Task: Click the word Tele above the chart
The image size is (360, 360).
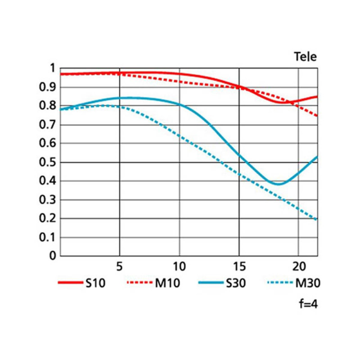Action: pos(306,57)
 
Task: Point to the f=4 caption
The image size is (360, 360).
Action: pos(308,304)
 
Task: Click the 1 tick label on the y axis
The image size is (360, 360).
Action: pos(52,68)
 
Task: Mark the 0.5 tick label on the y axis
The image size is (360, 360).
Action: pos(48,162)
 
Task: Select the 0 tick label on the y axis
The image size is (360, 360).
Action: pos(52,256)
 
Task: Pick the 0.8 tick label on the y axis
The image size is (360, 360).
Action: pos(48,106)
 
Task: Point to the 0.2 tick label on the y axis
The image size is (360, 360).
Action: pos(48,218)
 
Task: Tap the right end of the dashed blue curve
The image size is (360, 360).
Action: pos(317,220)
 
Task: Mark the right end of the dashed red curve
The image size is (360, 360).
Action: pos(317,116)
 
